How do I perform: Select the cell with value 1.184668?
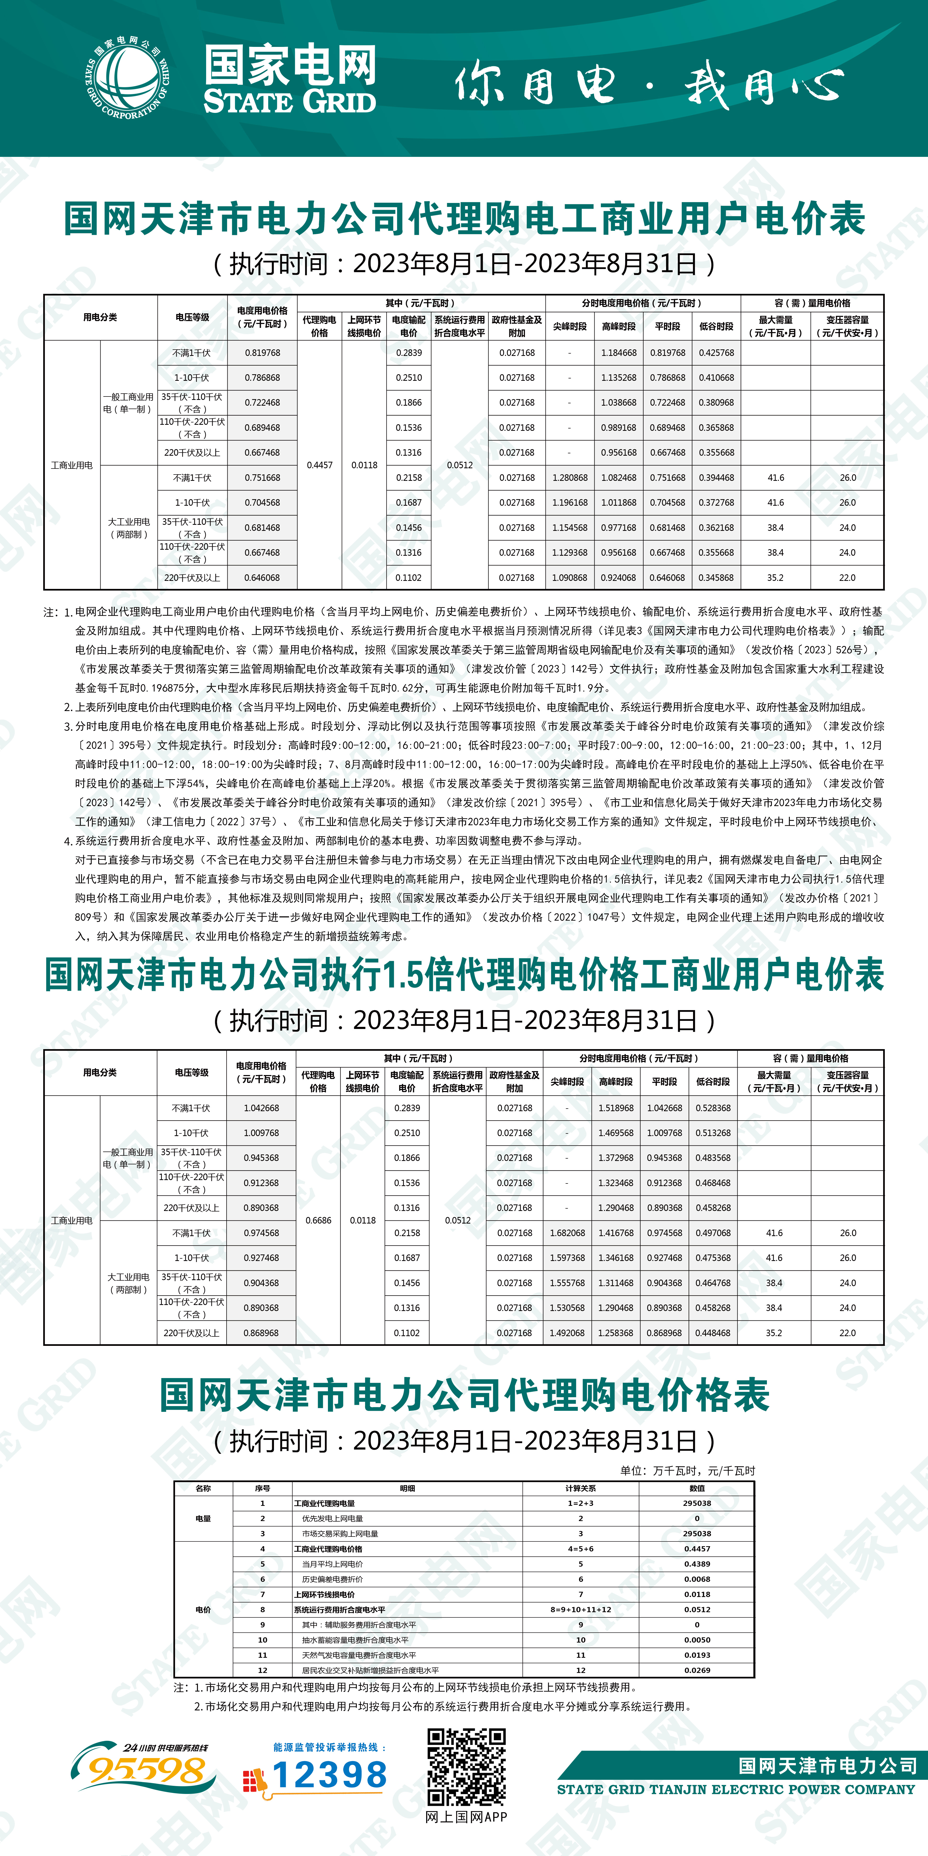tap(619, 353)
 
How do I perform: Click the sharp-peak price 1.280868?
tap(570, 478)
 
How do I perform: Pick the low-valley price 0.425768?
tap(716, 353)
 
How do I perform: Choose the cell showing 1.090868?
tap(570, 578)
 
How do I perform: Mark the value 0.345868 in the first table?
tap(716, 578)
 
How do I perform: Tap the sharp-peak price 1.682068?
tap(568, 1233)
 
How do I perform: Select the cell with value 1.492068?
tap(568, 1333)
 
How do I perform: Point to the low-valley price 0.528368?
tap(713, 1108)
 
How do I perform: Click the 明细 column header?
tap(407, 1488)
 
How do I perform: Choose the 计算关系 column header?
tap(581, 1488)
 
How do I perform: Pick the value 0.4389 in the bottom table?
tap(697, 1563)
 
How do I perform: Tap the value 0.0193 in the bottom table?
tap(697, 1655)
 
